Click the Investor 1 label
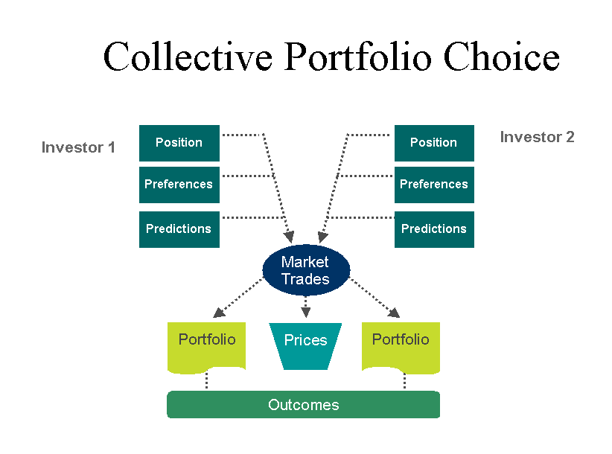click(78, 147)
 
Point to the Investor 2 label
click(537, 137)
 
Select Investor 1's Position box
click(179, 143)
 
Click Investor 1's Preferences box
click(179, 185)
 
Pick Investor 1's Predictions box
click(179, 229)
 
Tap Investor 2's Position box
click(434, 143)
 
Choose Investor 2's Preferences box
click(434, 185)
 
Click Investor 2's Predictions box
click(434, 229)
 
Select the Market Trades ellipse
click(306, 270)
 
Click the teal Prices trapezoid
click(305, 346)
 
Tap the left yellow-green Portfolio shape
click(206, 347)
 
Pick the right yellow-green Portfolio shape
click(401, 347)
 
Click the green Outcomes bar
click(303, 404)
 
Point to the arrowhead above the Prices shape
click(305, 312)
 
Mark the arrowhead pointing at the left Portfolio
click(219, 312)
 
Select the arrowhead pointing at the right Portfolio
click(394, 313)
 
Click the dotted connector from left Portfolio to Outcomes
click(206, 380)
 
